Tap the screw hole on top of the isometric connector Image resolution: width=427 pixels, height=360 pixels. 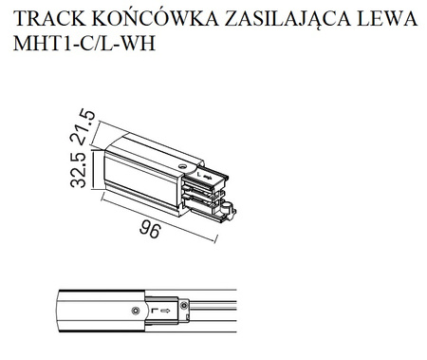[182, 168]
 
